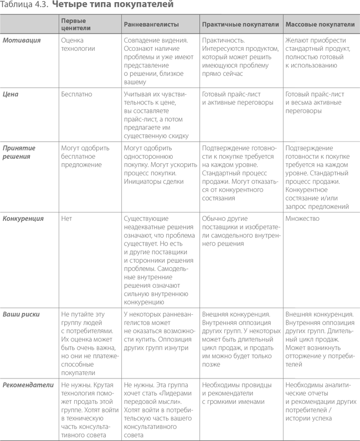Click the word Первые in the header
tap(74, 21)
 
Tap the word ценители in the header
tap(76, 28)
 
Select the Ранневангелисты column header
tap(151, 24)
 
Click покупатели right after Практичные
tap(261, 24)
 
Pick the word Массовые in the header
tap(301, 24)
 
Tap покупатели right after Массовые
tap(337, 24)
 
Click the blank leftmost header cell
tap(29, 24)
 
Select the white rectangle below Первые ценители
tap(96, 256)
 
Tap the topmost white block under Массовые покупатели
tap(327, 77)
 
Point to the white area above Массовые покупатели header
tap(291, 7)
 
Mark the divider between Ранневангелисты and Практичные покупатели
tap(199, 24)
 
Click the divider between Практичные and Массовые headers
tap(283, 24)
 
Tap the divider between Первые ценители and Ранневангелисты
tap(121, 24)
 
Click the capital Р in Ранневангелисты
tap(126, 24)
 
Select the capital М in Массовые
tap(288, 24)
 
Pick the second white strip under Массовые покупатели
tap(327, 144)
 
